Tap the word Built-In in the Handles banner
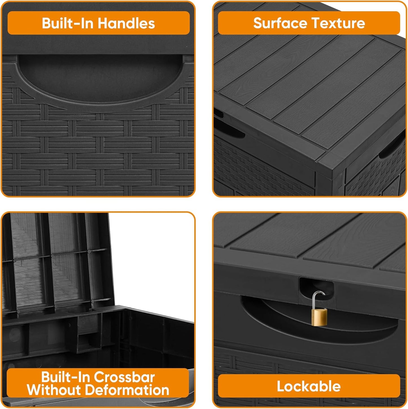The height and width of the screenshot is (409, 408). coord(67,23)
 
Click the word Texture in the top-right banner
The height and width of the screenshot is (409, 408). coord(338,23)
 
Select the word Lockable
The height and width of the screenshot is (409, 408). coord(309,386)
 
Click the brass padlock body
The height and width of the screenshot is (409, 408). coord(319,317)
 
